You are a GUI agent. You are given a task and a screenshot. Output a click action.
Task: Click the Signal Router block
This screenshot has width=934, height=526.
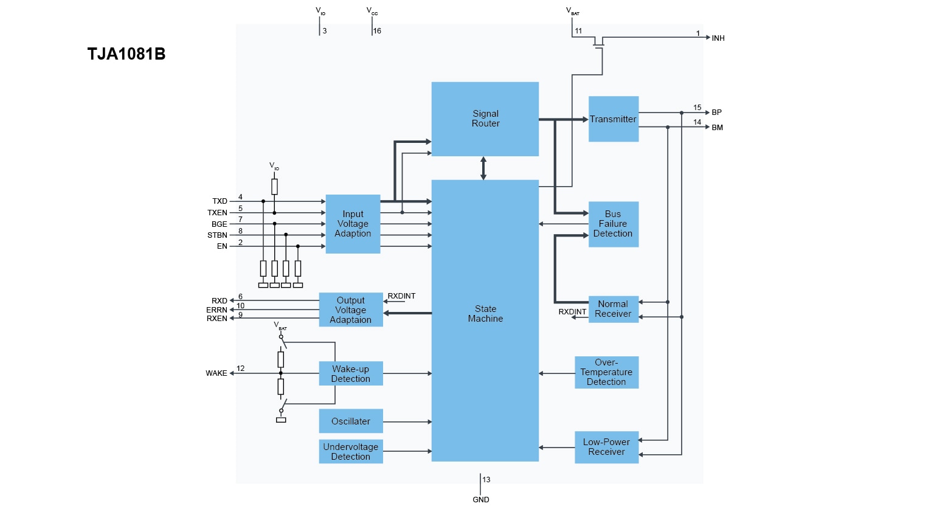tap(485, 119)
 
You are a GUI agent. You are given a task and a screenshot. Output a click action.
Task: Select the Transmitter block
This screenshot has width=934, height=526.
tap(613, 119)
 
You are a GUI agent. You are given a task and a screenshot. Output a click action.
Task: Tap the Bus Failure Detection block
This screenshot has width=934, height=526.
tap(613, 224)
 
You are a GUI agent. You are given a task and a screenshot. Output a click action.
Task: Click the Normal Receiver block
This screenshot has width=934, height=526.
tap(613, 309)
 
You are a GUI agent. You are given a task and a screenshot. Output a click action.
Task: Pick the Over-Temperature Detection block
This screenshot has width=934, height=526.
tap(606, 372)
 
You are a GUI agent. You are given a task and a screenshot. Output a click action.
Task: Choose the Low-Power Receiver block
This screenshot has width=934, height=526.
tap(606, 447)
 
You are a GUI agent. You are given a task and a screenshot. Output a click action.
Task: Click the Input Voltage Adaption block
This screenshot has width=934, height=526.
tap(353, 224)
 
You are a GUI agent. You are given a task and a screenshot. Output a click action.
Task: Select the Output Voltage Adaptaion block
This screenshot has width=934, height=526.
tap(351, 310)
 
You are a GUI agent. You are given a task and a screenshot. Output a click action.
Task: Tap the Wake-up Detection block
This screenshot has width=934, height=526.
tap(351, 373)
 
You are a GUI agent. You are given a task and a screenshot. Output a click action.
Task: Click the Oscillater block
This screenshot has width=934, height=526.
tap(351, 421)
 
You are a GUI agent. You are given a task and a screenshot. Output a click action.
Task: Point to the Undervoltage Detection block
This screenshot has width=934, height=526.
tap(351, 451)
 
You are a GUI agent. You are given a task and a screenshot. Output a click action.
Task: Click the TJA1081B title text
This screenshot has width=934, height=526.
tap(126, 54)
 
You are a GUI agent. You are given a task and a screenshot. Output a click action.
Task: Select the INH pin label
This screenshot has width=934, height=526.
tap(718, 38)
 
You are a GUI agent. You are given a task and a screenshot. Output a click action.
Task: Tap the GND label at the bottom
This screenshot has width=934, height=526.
tap(481, 500)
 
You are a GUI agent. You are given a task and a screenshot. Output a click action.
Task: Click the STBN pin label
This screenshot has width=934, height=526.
tap(217, 235)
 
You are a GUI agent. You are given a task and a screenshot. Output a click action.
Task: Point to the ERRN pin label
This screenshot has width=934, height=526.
tap(216, 310)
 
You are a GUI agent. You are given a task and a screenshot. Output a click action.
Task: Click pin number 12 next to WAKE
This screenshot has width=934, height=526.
tap(241, 369)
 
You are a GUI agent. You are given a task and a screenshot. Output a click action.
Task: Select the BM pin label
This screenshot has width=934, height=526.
tap(718, 128)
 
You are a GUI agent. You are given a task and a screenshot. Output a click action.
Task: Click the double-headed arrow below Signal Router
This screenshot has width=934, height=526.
tap(483, 168)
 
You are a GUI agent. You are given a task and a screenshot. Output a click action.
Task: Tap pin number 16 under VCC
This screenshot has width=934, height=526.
tap(377, 31)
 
